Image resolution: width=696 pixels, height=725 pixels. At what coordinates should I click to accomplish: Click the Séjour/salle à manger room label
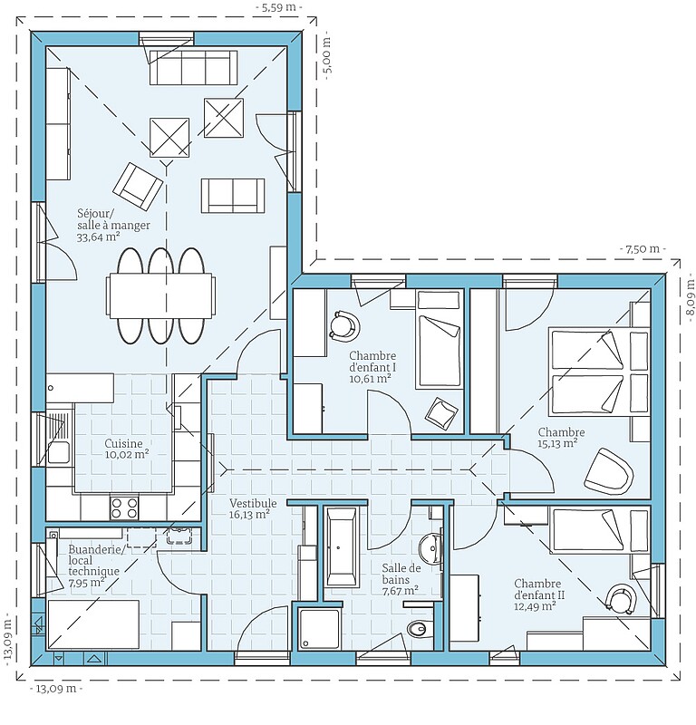click(114, 219)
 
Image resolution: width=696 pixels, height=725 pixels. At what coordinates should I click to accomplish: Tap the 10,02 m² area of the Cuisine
click(127, 455)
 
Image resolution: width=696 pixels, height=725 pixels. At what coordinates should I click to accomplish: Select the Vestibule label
click(254, 503)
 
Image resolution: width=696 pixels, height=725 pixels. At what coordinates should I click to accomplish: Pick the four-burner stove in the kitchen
click(124, 507)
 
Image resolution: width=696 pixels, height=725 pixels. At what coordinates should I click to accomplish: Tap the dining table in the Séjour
click(160, 296)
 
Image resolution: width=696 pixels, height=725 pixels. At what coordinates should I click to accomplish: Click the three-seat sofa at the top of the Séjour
click(193, 67)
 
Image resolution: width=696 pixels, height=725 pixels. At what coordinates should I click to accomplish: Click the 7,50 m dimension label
click(642, 249)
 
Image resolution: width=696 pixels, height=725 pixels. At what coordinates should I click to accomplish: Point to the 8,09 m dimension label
click(690, 296)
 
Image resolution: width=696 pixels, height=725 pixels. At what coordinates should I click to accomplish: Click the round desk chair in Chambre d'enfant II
click(621, 599)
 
